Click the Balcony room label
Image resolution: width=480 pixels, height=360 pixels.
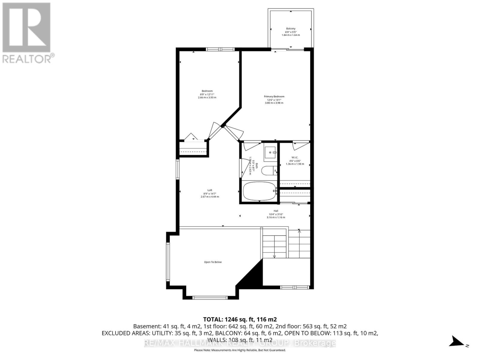click(x=290, y=29)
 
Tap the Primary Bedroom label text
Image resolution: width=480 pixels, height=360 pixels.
click(x=274, y=97)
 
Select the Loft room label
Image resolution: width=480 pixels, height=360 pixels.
click(x=210, y=190)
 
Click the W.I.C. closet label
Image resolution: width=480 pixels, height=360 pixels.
click(x=295, y=157)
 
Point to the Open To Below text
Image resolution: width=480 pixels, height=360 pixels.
click(x=213, y=262)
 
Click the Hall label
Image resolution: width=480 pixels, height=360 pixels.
click(x=276, y=211)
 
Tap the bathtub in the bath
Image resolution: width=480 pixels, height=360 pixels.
click(x=259, y=191)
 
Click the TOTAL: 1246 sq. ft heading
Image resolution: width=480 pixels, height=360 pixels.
click(x=240, y=319)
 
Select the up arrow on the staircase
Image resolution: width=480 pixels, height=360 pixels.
click(x=299, y=231)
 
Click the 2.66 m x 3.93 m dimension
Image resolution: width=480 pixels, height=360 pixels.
click(x=207, y=97)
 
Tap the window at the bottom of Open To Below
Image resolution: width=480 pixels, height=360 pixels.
click(x=210, y=297)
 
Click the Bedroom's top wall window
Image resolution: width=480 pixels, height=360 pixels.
click(x=220, y=49)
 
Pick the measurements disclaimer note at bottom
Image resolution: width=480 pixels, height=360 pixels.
click(x=240, y=350)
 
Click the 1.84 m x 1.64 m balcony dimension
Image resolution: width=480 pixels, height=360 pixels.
click(x=290, y=35)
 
